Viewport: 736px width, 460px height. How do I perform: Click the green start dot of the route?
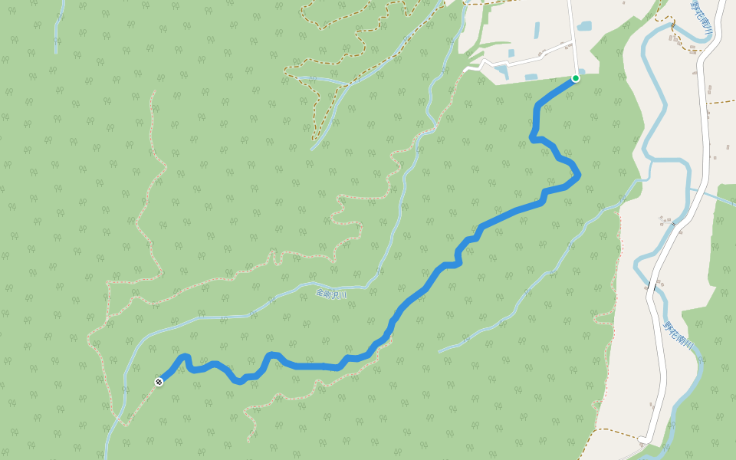tap(576, 78)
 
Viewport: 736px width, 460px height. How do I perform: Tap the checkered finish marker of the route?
tap(159, 380)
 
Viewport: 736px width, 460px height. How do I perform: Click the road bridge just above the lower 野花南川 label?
tap(649, 285)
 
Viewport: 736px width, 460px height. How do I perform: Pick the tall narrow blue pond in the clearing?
tap(537, 31)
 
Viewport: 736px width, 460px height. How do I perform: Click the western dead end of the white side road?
tap(465, 71)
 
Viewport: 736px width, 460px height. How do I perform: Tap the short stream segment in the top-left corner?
tap(56, 31)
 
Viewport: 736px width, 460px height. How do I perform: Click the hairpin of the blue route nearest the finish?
tap(185, 357)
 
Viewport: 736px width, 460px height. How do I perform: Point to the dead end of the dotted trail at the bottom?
tap(248, 442)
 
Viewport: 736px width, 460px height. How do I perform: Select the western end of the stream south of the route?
tap(439, 352)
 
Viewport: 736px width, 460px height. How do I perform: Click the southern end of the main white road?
tap(639, 440)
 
